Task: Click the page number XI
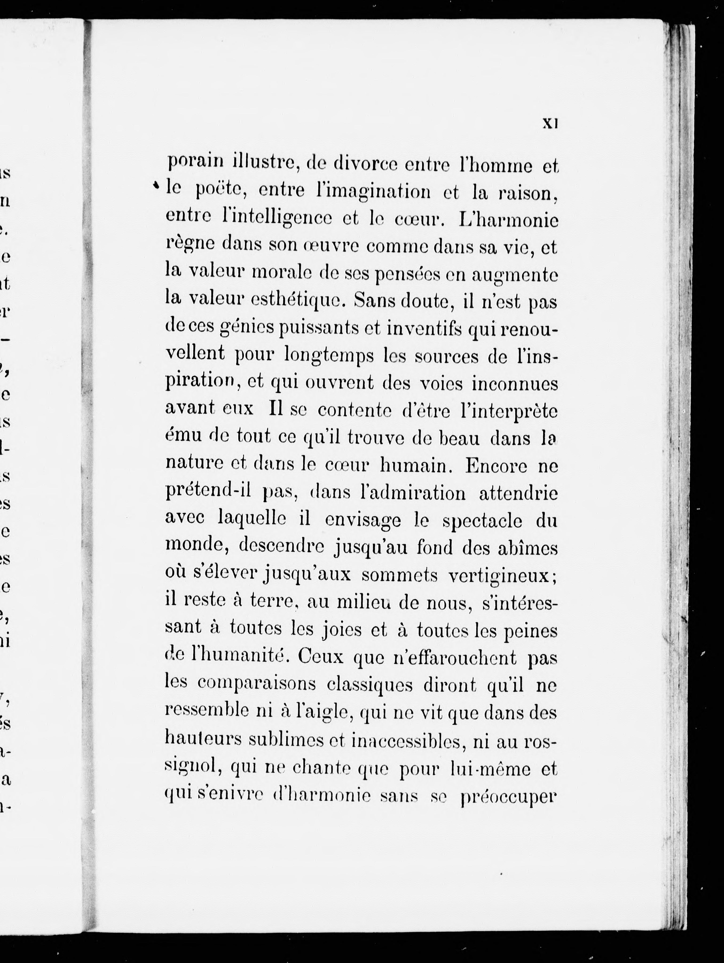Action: [550, 124]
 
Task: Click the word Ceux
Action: [319, 657]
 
